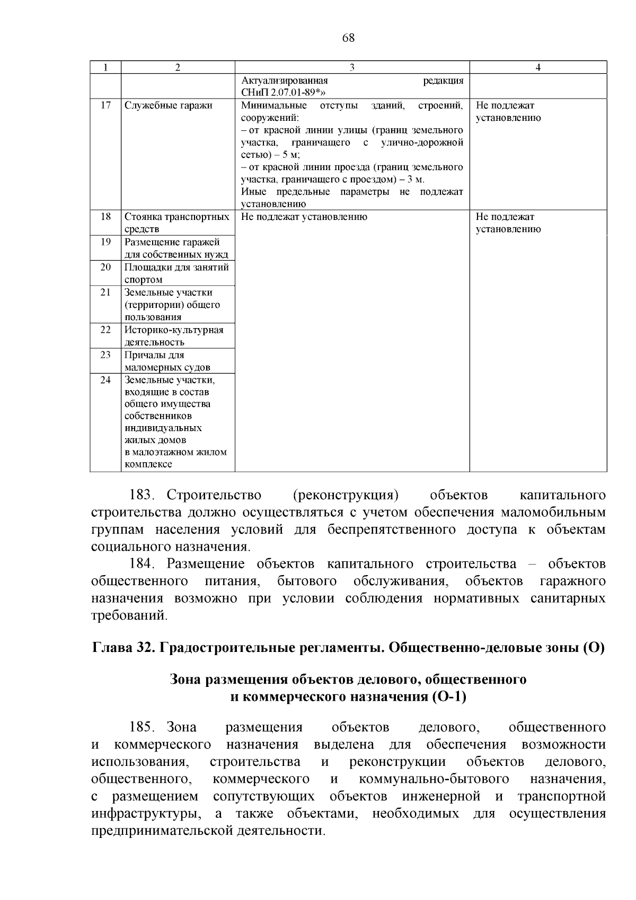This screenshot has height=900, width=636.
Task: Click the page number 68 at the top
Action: tap(348, 38)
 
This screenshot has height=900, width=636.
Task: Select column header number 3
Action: tap(352, 67)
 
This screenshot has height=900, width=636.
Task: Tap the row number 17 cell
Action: tap(105, 105)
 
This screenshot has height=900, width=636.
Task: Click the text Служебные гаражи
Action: tap(168, 105)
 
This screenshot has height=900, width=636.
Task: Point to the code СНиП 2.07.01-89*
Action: tap(283, 93)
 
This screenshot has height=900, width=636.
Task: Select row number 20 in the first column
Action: tap(105, 267)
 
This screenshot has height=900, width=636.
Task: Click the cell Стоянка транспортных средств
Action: tap(177, 223)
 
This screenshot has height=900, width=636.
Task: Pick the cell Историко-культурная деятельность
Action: tap(174, 336)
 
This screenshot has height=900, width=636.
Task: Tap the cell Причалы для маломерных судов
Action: tap(167, 361)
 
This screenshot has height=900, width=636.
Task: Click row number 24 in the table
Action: tap(105, 380)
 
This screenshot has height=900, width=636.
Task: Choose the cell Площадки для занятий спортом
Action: tap(176, 273)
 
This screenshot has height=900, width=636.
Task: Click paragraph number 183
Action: tap(142, 495)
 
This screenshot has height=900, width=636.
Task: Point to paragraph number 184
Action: tap(142, 564)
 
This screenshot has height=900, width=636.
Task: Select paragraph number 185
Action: tap(142, 727)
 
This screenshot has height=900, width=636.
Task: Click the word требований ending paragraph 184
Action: tap(129, 615)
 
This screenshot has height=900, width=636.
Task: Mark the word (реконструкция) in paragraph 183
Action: tap(346, 495)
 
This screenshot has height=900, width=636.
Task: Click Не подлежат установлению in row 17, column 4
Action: tap(508, 111)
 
